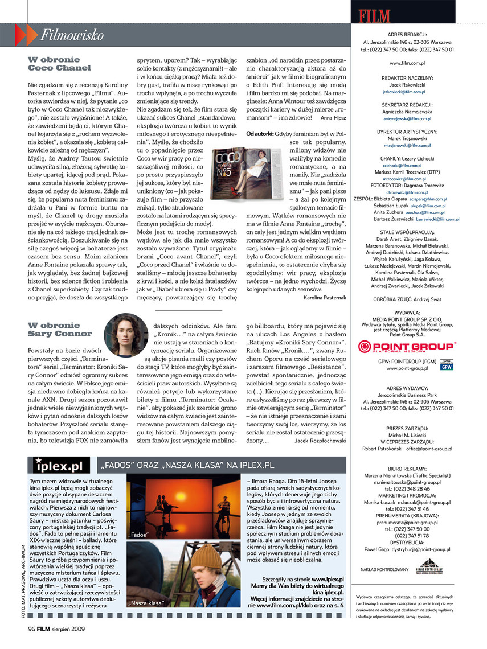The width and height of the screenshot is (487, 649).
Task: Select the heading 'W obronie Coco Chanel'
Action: [x=59, y=63]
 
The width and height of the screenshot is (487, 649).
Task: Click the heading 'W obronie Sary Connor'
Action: [x=60, y=330]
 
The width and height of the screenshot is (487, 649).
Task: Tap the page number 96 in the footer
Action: [x=32, y=629]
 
